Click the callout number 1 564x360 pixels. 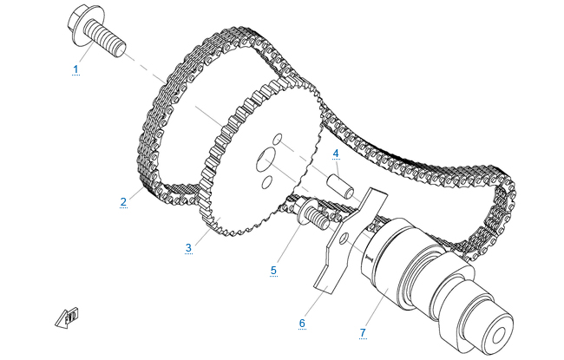point(75,69)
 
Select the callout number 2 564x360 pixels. point(123,202)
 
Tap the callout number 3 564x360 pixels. point(188,248)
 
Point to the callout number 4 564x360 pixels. point(336,154)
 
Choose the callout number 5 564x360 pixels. point(273,270)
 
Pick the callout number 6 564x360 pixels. point(302,323)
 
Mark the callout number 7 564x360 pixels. point(363,332)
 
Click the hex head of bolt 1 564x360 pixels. point(82,24)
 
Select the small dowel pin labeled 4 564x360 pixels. point(340,187)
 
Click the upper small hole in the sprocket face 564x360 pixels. point(278,139)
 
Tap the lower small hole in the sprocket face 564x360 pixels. point(267,182)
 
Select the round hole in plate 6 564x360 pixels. point(344,238)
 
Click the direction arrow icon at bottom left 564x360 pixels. point(68,317)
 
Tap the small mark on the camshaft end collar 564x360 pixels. point(369,258)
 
